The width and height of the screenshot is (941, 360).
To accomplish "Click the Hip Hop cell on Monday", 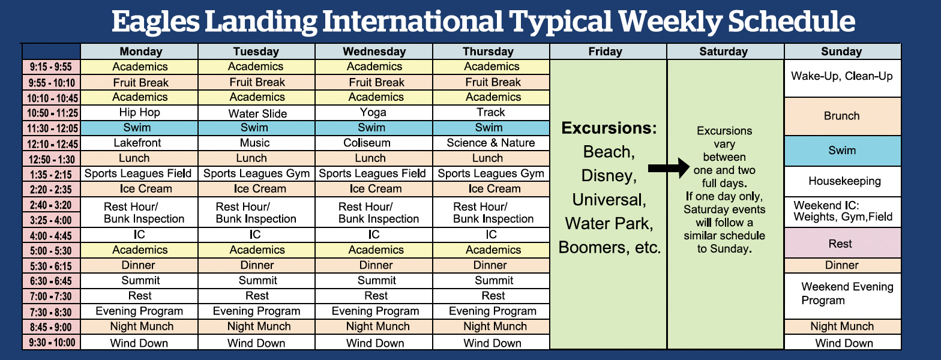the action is pos(139,113).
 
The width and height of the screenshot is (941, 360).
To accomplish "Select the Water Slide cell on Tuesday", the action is pos(257,113).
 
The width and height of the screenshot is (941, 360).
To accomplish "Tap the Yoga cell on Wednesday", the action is pos(373,113).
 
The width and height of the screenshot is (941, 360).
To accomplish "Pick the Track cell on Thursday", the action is pos(491,113).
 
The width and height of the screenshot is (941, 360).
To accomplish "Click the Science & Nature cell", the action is pos(491,143).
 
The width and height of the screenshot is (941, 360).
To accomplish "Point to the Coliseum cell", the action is pos(373,143).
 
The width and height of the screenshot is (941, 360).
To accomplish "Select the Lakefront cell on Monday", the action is pos(139,143).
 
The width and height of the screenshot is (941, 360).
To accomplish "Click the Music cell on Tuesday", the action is pos(257,143).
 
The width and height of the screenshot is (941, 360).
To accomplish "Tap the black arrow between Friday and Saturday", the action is pos(669,168).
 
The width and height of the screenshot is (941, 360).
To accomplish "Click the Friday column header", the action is pos(608,51).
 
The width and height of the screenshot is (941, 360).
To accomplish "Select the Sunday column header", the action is pos(843,51).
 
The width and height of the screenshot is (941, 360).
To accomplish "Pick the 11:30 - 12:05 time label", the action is pos(51,128).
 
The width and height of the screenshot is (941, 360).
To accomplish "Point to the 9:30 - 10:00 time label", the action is pos(51,343).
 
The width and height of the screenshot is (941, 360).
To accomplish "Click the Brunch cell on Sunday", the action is pos(843,116).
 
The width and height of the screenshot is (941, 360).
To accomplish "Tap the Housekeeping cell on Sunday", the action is pos(843,181).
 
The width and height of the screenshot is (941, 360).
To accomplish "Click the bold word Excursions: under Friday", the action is pos(609,128).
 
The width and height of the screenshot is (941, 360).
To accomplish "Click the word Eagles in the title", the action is pos(156,22).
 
